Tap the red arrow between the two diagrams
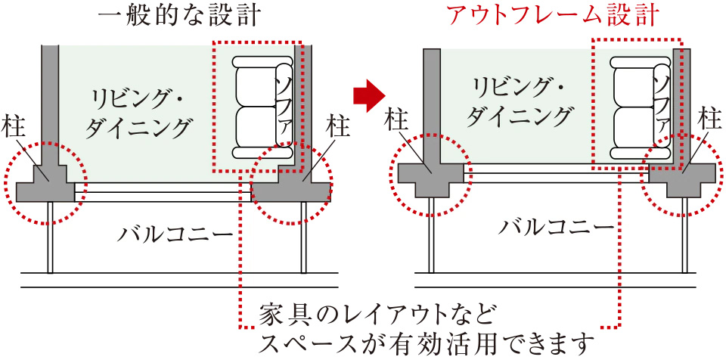[369, 94]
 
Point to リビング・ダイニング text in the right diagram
[519, 102]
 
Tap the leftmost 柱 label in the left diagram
[14, 127]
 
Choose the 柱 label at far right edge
[709, 119]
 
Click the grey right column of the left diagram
[296, 182]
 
